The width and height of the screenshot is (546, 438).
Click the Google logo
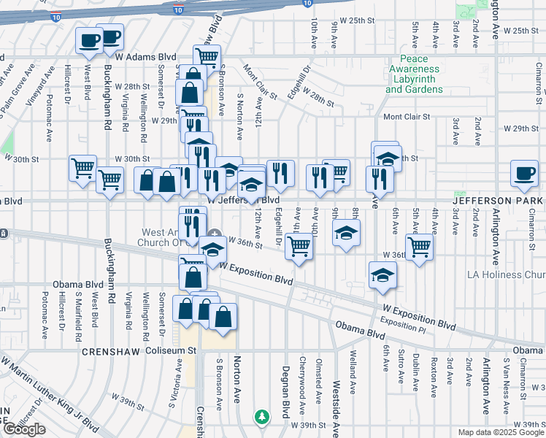pyautogui.click(x=24, y=429)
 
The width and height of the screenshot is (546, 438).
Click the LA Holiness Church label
pyautogui.click(x=506, y=274)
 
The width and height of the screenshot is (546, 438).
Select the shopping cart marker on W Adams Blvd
pyautogui.click(x=207, y=55)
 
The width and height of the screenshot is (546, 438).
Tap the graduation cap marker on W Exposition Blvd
pyautogui.click(x=381, y=276)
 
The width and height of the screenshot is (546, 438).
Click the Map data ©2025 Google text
pyautogui.click(x=499, y=432)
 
